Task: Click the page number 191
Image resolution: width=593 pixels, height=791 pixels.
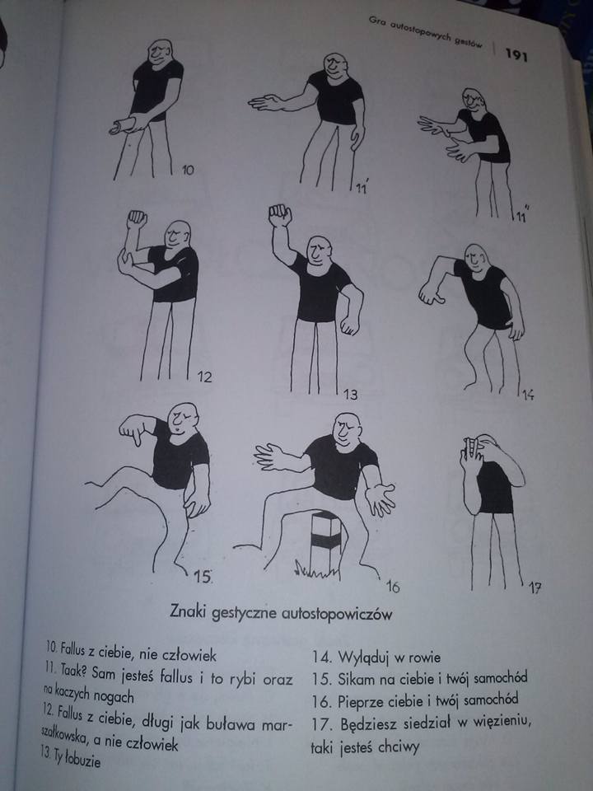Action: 516,54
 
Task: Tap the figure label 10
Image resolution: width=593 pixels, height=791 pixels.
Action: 188,170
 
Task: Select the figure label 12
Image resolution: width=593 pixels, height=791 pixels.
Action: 204,377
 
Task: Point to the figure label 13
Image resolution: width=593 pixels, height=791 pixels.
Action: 351,394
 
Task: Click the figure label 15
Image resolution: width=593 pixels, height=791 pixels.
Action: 203,577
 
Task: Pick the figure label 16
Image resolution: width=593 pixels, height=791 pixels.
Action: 393,587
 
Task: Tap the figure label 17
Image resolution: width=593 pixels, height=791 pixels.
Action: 535,587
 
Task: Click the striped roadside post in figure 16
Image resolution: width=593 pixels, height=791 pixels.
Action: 326,541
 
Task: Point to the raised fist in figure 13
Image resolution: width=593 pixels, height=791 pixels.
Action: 280,215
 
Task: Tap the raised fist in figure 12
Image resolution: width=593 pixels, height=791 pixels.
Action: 137,219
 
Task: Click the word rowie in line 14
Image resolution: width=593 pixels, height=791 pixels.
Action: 424,658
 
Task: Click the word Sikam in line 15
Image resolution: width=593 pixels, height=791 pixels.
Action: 357,679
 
